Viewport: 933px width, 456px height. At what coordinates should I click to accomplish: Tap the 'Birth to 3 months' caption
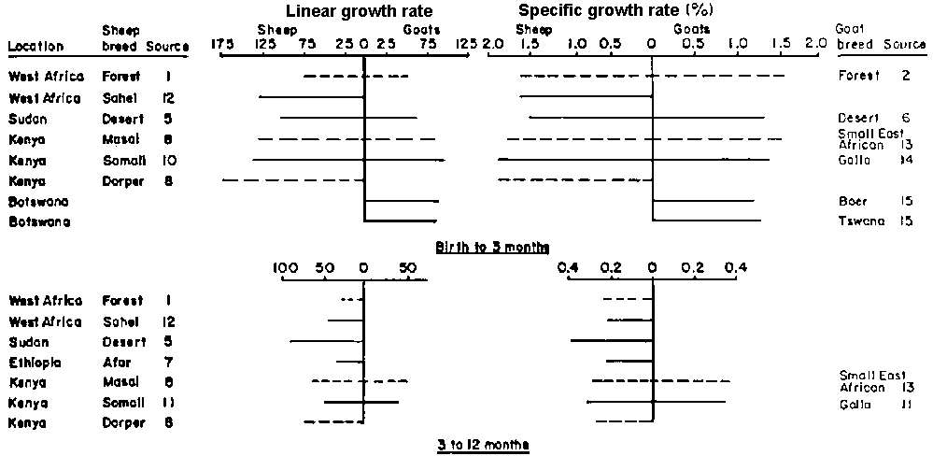pos(492,248)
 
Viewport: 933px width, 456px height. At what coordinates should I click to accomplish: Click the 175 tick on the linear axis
pos(221,44)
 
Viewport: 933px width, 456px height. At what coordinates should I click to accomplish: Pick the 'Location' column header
pos(35,46)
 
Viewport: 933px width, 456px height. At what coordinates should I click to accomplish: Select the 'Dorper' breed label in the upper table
pos(120,181)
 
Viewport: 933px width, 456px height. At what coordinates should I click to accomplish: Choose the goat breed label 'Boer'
pos(850,201)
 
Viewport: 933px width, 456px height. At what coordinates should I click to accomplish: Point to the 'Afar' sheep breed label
pos(117,362)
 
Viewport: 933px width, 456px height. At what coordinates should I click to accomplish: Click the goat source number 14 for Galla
pos(905,161)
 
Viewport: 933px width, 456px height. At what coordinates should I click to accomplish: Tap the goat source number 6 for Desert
pos(905,119)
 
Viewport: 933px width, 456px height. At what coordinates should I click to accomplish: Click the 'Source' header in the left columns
pos(173,46)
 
